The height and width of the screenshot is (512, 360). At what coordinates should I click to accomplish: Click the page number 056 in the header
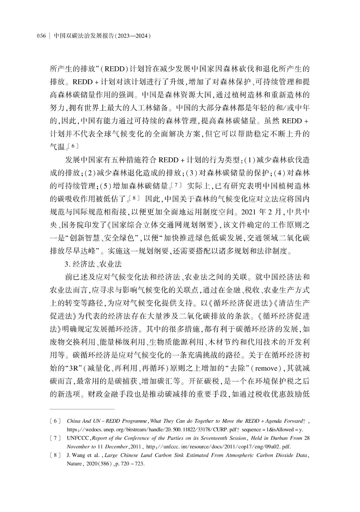point(42,36)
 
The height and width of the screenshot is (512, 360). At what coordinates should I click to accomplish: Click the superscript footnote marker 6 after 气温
point(73,146)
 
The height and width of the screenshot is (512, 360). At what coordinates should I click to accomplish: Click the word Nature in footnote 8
point(74,463)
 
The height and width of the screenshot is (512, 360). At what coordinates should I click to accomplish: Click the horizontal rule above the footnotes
point(82,409)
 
